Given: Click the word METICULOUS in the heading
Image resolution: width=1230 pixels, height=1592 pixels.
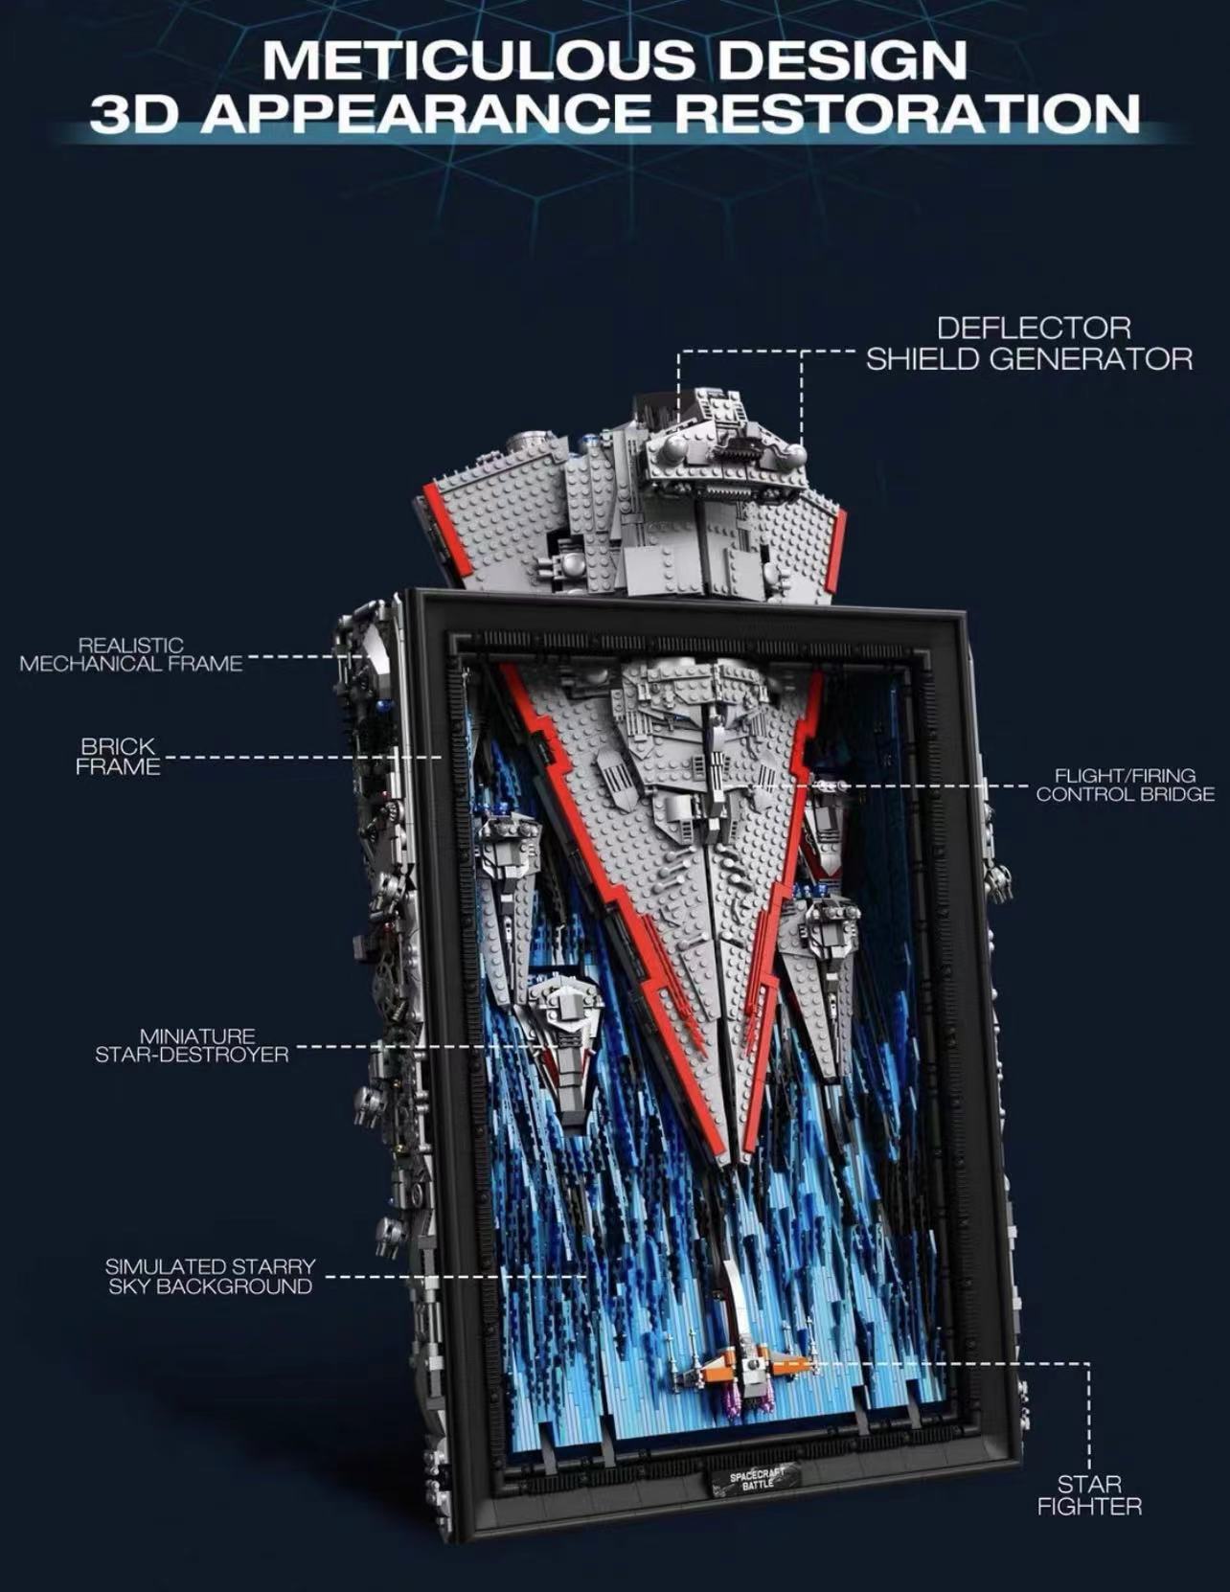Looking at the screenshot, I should pyautogui.click(x=479, y=60).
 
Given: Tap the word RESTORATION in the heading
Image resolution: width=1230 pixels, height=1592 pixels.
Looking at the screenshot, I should pyautogui.click(x=908, y=114).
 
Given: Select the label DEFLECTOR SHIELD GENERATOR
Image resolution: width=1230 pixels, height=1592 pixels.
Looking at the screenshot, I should pyautogui.click(x=1030, y=343).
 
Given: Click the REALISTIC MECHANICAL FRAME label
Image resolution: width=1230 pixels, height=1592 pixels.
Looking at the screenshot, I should pyautogui.click(x=131, y=655).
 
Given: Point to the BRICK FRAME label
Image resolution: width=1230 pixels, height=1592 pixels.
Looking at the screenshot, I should pyautogui.click(x=118, y=757).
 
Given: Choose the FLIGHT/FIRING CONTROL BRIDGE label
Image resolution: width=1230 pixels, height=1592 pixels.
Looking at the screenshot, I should pyautogui.click(x=1125, y=785).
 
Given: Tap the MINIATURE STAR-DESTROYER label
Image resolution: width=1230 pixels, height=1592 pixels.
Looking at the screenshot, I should pyautogui.click(x=192, y=1045).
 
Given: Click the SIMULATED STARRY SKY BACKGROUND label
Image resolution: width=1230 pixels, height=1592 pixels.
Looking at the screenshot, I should pyautogui.click(x=210, y=1277).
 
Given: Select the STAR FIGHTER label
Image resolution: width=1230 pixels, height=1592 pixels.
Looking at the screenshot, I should pyautogui.click(x=1089, y=1495).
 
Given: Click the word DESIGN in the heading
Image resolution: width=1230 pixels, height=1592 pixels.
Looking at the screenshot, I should pyautogui.click(x=842, y=60).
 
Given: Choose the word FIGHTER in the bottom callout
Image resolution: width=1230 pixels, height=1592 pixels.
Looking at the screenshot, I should pyautogui.click(x=1089, y=1507).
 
